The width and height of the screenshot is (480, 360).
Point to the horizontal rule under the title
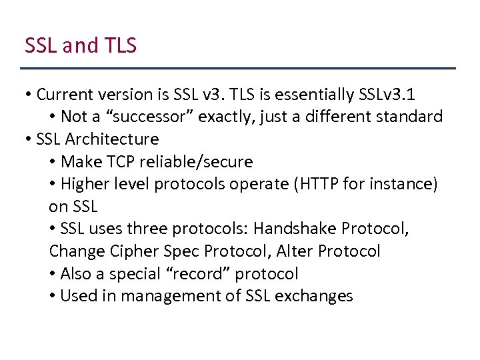click(238, 68)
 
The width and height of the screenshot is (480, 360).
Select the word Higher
click(83, 184)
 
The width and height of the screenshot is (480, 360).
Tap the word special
click(139, 274)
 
